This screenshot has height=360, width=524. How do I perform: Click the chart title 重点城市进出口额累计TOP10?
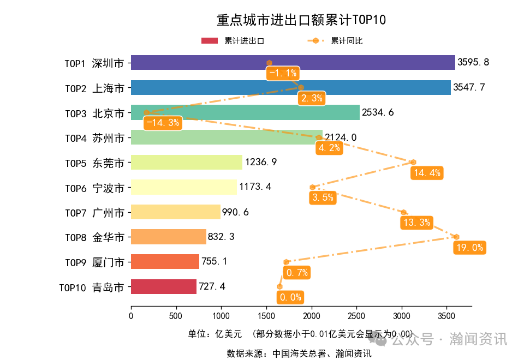pos(301,20)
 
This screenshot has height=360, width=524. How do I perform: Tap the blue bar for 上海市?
pos(218,87)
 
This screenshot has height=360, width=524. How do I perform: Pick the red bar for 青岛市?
pos(163,287)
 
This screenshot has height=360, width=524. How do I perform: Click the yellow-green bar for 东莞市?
pos(186,163)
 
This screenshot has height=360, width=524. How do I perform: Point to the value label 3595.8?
pos(473,62)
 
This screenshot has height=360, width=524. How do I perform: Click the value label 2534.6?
pos(378,113)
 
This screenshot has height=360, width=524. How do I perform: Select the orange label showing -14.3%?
pos(163,123)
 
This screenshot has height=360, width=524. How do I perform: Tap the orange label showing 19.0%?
pos(469,248)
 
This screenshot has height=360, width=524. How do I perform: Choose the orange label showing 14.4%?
pos(427,173)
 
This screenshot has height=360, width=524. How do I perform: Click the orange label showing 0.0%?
pos(290,297)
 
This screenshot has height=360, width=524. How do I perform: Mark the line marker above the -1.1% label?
pos(269,63)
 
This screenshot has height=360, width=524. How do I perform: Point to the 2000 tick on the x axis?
pos(311,316)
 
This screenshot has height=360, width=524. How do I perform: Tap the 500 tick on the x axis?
pos(176,316)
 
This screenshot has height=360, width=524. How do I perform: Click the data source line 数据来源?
pos(299,353)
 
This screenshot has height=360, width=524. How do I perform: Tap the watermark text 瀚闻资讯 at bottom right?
pos(478,339)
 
